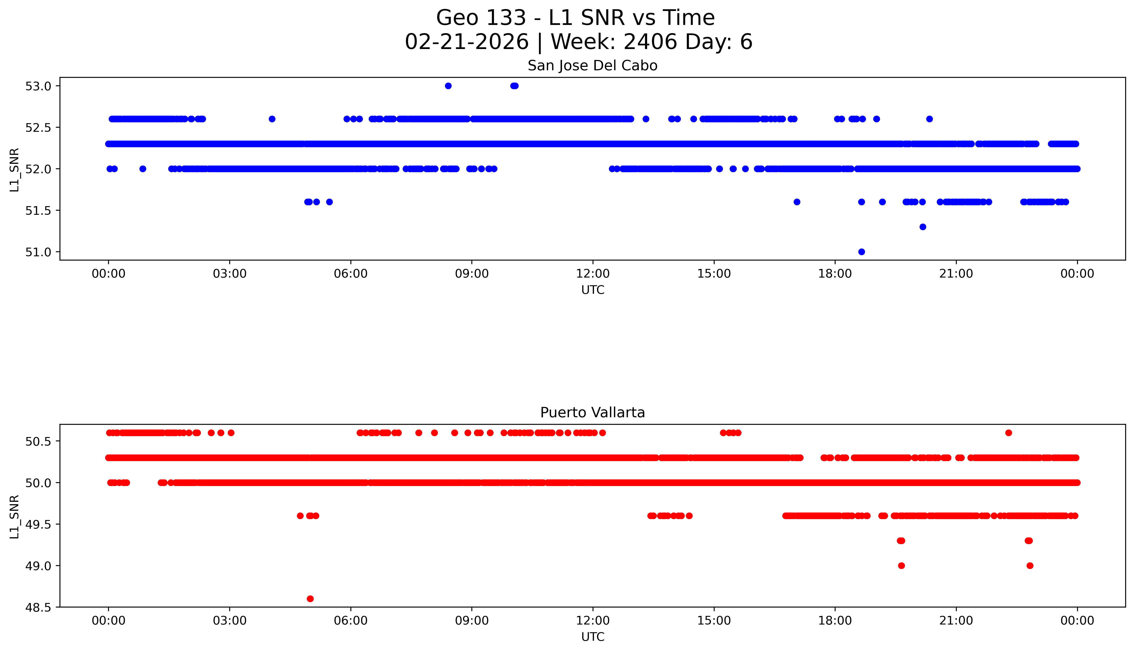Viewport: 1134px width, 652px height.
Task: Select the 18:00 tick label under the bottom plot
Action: pos(835,621)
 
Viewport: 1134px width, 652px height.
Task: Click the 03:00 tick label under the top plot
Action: pos(230,274)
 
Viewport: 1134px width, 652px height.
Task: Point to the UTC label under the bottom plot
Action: pos(593,637)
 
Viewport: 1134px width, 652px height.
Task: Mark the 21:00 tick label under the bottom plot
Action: pos(956,621)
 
